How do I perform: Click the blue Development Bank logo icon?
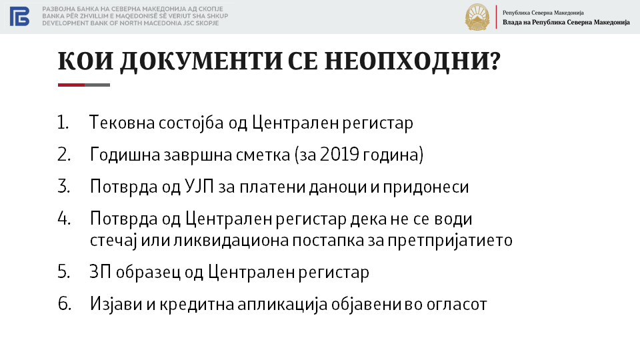tap(19, 16)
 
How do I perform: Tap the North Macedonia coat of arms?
tap(477, 17)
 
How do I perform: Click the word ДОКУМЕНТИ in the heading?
tap(201, 61)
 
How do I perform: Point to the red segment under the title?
tap(71, 85)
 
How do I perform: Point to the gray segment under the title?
tap(97, 85)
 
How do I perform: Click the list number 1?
tap(63, 123)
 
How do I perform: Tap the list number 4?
tap(64, 219)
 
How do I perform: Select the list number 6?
tap(65, 304)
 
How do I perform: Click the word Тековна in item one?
tap(121, 123)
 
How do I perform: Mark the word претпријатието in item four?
tap(450, 240)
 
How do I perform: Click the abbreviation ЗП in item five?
tap(101, 272)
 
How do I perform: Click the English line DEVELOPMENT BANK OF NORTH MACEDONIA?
tap(131, 23)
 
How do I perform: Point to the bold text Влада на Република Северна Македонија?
tap(566, 23)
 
